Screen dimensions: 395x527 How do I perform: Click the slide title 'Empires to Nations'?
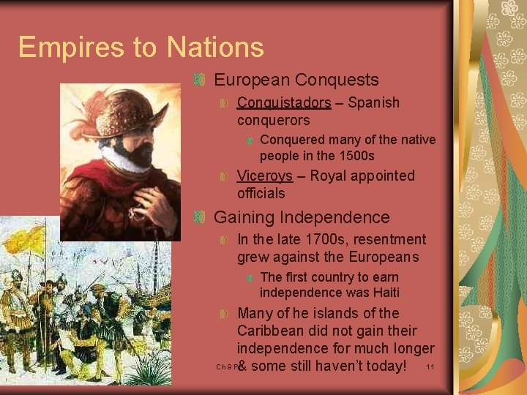(141, 48)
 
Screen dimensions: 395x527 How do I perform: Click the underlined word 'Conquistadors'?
(284, 102)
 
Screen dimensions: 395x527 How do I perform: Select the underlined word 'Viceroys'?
(264, 176)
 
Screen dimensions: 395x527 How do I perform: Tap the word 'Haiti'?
(384, 293)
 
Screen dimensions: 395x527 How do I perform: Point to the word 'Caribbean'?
(271, 331)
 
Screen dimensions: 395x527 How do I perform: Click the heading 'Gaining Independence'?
(302, 217)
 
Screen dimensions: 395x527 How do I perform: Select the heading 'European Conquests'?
(296, 80)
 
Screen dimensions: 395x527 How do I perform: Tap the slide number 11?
(430, 366)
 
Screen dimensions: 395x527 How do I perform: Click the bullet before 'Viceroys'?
(225, 176)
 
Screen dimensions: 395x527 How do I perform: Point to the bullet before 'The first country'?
(250, 277)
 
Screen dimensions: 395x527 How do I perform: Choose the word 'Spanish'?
(373, 102)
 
